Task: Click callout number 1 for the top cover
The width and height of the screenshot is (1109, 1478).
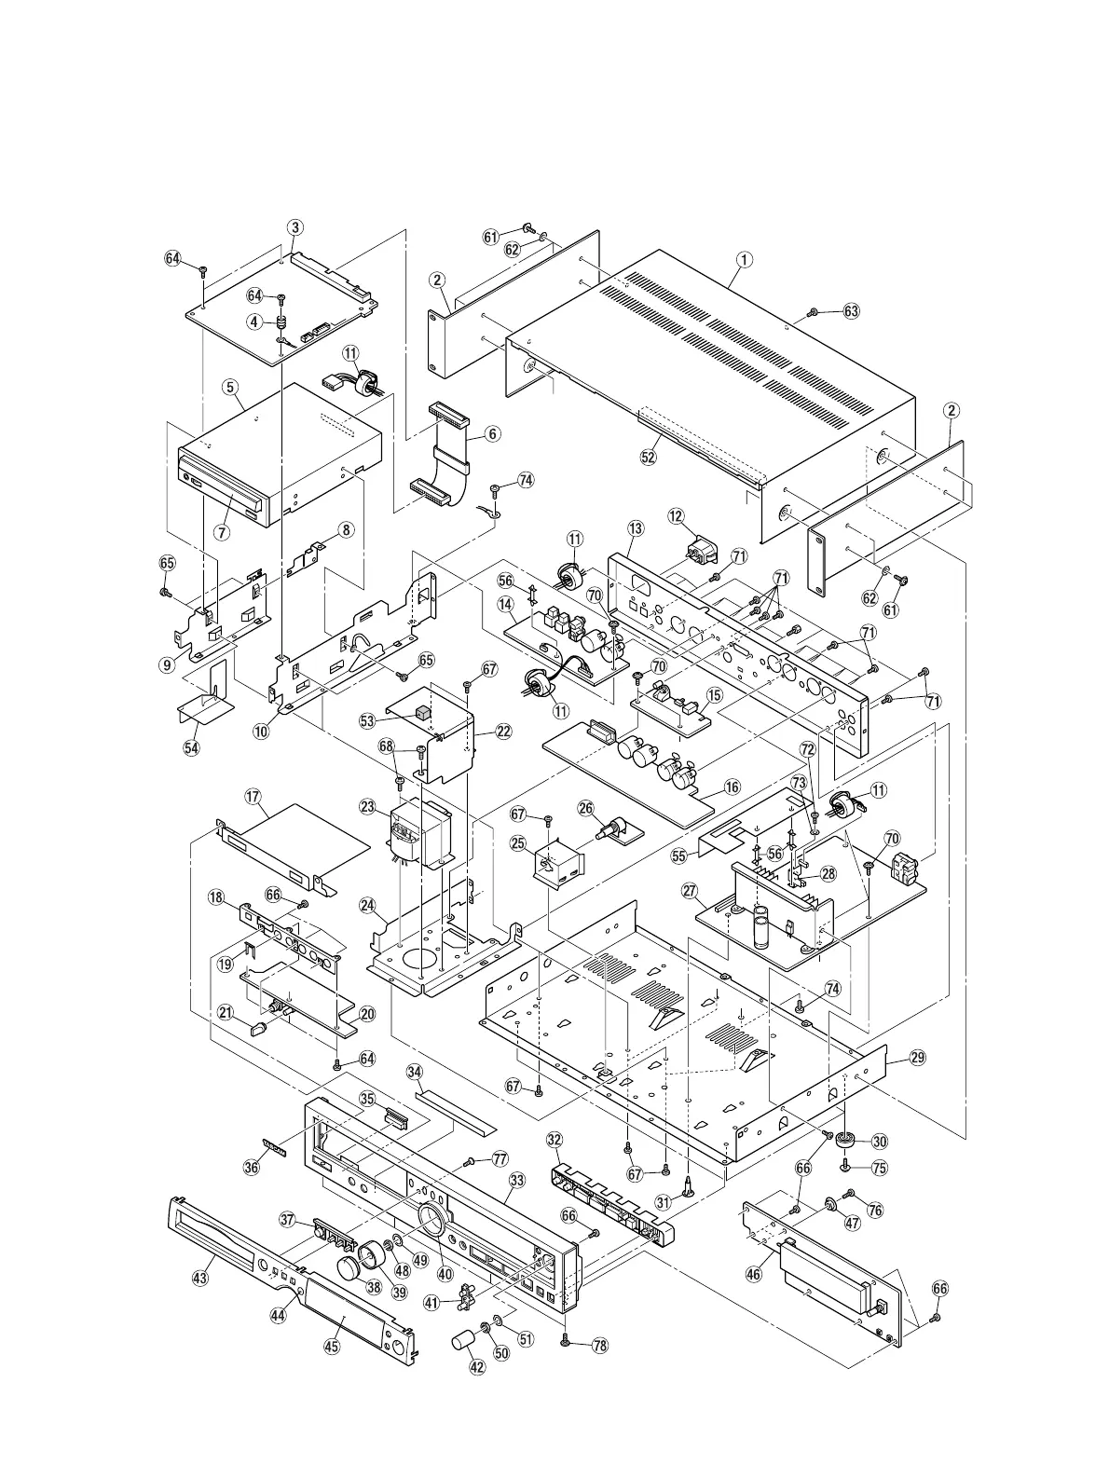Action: pos(743,261)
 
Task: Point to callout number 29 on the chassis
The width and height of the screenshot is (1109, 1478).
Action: pos(918,1057)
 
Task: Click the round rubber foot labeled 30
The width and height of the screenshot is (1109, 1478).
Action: pos(849,1140)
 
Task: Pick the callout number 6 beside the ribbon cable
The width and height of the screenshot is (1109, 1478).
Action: pos(492,433)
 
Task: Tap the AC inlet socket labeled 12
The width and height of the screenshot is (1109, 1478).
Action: pos(700,547)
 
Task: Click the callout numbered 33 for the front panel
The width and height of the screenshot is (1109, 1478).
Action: pos(515,1179)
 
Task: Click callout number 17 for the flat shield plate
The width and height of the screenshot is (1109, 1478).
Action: pos(252,797)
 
